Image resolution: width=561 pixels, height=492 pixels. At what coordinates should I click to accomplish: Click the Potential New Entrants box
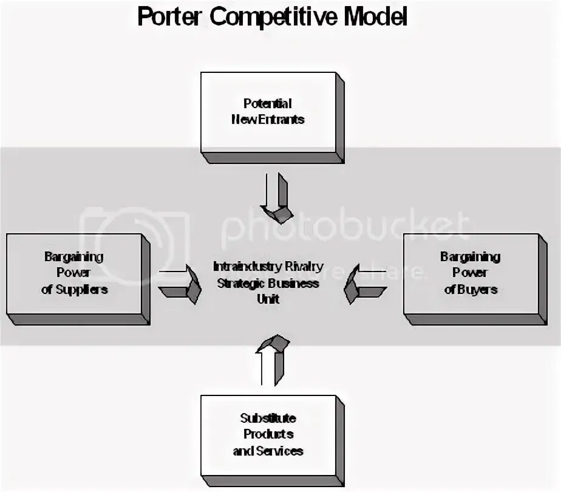pyautogui.click(x=268, y=112)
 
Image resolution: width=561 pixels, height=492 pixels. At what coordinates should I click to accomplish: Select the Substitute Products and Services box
pyautogui.click(x=268, y=435)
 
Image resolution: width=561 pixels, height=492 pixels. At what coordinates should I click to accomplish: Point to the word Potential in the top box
pyautogui.click(x=268, y=103)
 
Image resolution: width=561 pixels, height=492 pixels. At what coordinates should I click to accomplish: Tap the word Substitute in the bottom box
pyautogui.click(x=268, y=419)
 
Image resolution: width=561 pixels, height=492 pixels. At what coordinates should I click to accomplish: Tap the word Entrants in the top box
pyautogui.click(x=283, y=120)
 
